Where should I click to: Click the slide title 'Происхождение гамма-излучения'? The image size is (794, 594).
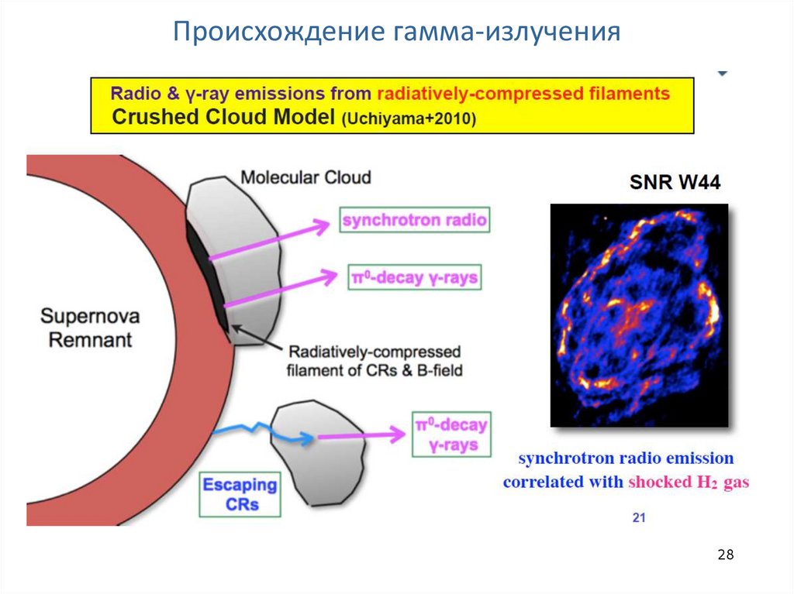click(x=396, y=32)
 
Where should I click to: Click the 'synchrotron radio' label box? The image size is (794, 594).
click(x=415, y=220)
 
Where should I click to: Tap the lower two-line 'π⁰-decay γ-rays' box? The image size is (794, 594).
click(x=451, y=435)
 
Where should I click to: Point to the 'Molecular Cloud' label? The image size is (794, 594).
click(x=306, y=177)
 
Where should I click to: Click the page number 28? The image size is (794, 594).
click(x=725, y=555)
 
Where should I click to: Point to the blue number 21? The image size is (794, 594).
click(x=638, y=517)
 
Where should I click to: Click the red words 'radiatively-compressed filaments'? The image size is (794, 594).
click(x=523, y=94)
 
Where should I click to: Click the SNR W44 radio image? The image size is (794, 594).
click(x=639, y=315)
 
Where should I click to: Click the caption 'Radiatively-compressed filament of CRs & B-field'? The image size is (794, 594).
click(x=375, y=360)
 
